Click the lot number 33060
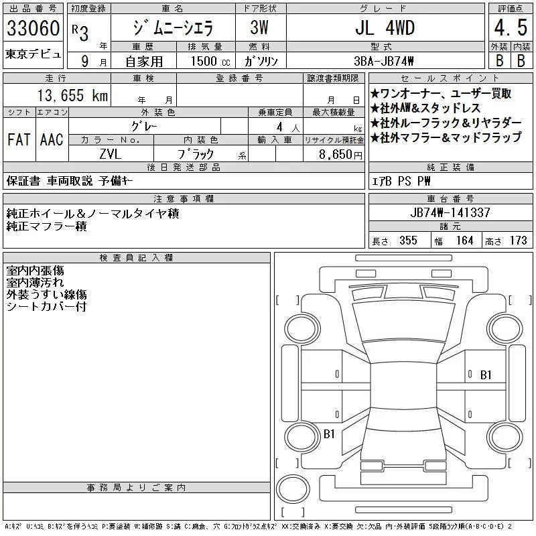click(x=33, y=28)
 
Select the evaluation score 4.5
click(x=511, y=27)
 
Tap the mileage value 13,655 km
click(x=72, y=95)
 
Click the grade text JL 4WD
click(x=385, y=27)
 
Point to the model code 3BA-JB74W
click(x=383, y=61)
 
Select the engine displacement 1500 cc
click(x=210, y=61)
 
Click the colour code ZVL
click(x=110, y=154)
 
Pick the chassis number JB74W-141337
click(x=450, y=212)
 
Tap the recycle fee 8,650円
click(x=340, y=155)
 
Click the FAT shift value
click(x=19, y=139)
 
